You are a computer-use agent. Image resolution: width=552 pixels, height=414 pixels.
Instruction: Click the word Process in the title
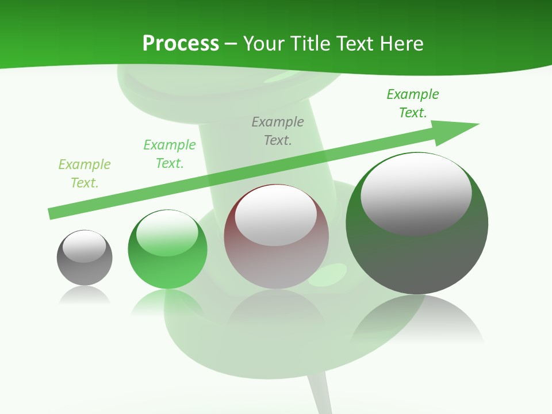click(181, 44)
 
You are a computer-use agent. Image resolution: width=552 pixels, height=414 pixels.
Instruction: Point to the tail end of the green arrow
click(52, 214)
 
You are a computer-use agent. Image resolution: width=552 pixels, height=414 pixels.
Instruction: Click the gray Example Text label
click(278, 131)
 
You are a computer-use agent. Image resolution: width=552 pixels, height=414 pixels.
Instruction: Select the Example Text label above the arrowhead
click(413, 103)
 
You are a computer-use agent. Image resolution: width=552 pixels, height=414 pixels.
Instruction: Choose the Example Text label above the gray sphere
click(85, 173)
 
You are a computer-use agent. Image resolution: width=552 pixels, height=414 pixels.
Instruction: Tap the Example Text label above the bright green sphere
click(170, 154)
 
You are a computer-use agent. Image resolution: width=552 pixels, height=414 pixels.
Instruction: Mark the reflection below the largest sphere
click(417, 322)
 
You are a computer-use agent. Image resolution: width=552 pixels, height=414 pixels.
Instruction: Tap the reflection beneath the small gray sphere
click(85, 296)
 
